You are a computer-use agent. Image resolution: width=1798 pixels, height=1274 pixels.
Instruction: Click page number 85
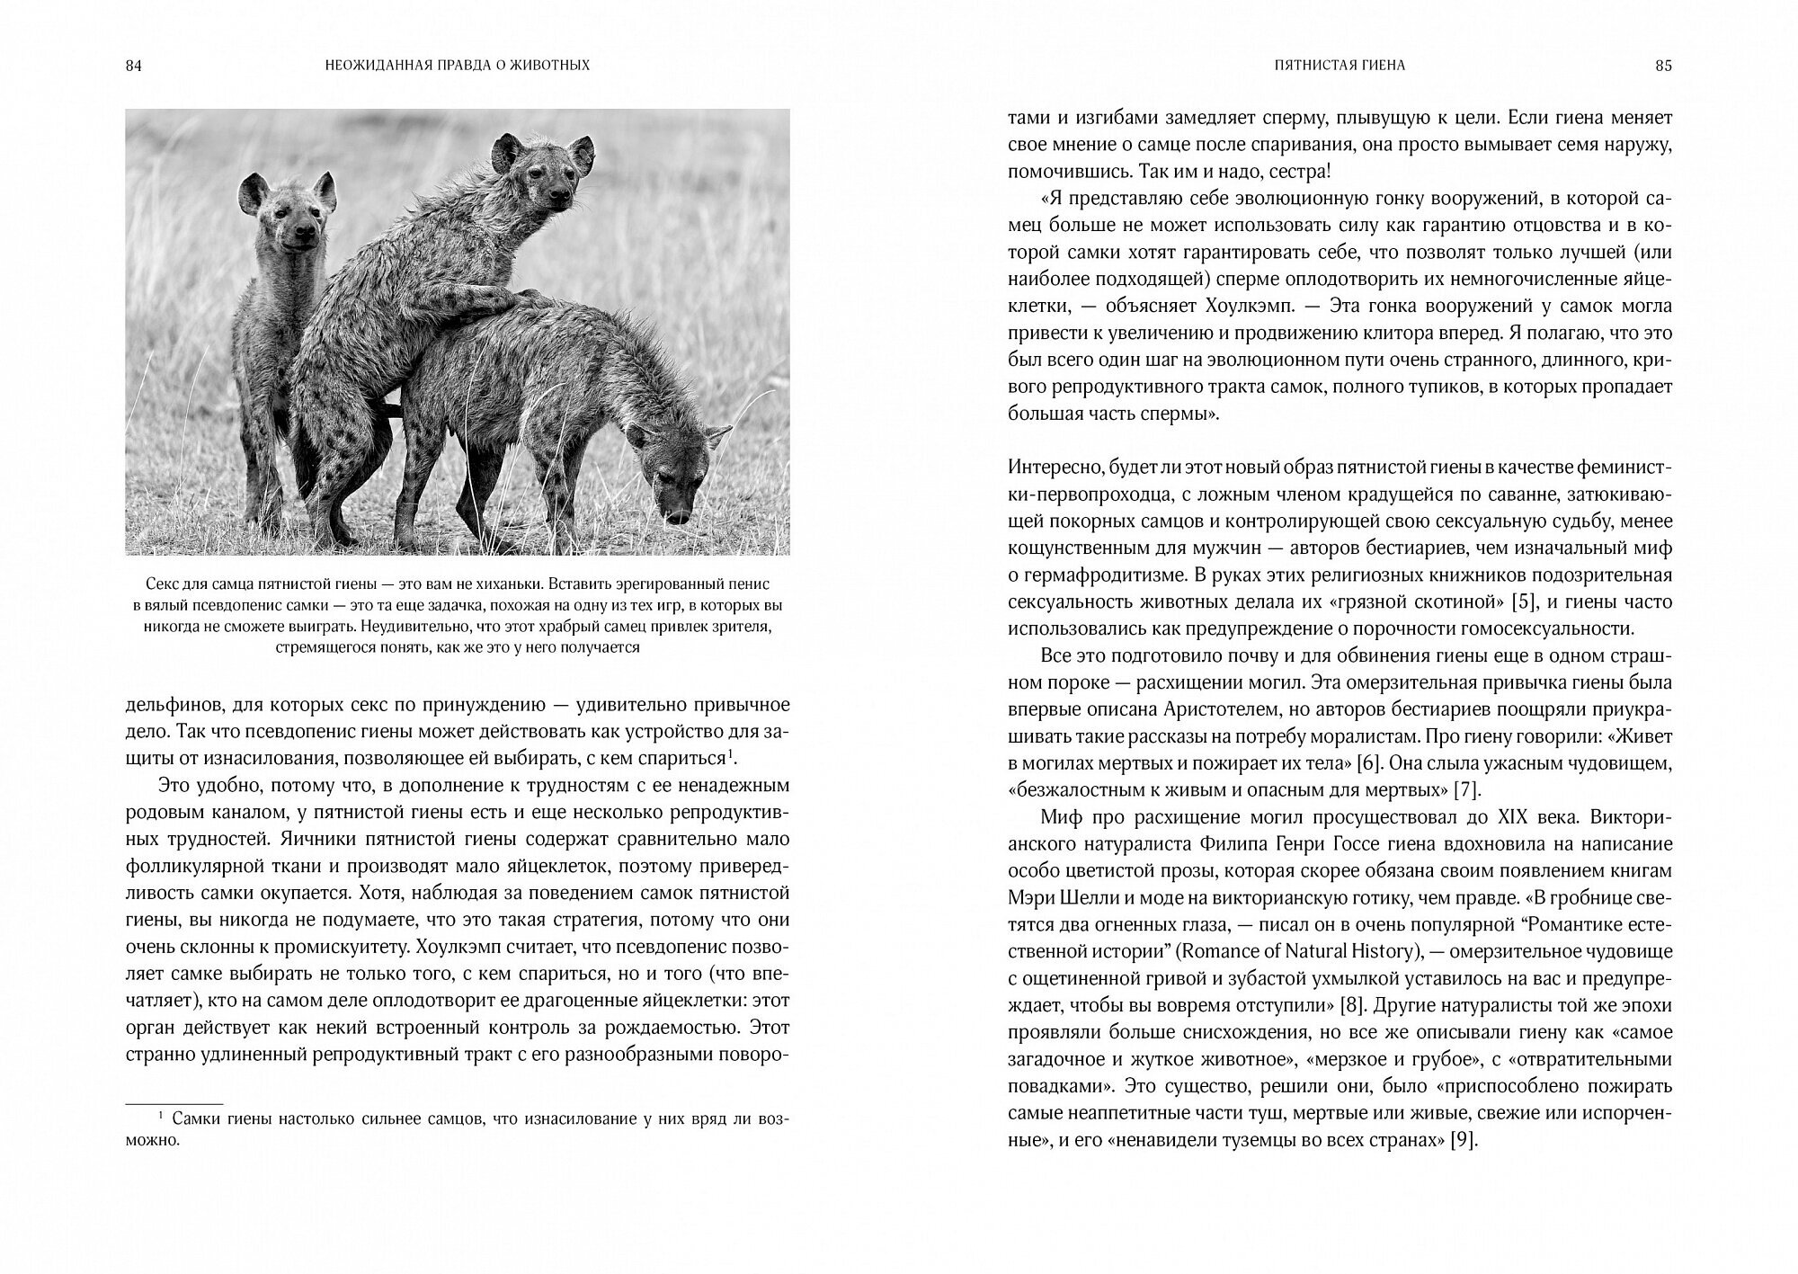point(1663,66)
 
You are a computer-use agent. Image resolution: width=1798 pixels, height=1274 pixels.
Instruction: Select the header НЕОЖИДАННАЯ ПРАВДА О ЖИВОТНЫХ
point(458,66)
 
